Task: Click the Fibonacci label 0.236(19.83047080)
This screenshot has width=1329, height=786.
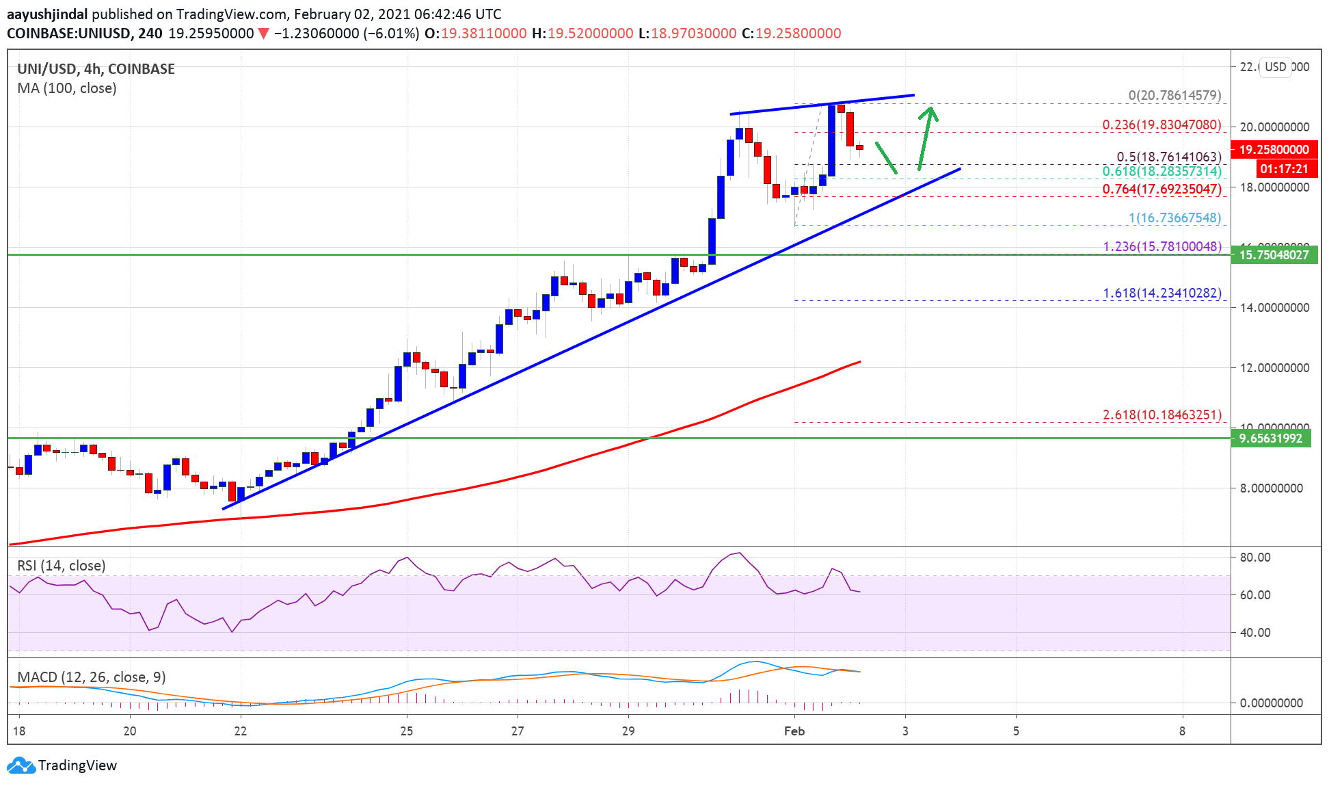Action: [1161, 125]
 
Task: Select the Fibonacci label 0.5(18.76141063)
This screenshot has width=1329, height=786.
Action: [1168, 157]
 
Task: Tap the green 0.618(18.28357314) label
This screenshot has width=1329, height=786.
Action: [1161, 171]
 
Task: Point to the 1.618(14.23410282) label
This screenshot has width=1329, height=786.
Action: [1162, 293]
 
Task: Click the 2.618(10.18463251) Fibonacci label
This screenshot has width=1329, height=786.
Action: [1162, 415]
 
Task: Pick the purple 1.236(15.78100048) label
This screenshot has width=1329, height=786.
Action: [1162, 246]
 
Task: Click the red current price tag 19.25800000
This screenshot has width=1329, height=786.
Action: [1274, 149]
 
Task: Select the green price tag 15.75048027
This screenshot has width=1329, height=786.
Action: [1274, 254]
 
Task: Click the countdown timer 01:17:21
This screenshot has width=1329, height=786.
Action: [1283, 168]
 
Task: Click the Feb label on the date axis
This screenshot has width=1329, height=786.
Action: [794, 731]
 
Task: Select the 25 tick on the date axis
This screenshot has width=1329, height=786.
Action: [407, 731]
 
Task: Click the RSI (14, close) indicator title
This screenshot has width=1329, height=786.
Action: [62, 566]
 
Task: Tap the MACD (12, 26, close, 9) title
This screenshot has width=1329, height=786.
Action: [92, 677]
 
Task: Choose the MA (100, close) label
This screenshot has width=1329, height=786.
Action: [67, 88]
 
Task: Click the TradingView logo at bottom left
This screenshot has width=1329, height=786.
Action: [62, 765]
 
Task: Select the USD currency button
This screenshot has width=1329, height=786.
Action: [1275, 67]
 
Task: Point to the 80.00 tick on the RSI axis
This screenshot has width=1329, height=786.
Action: [1255, 557]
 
